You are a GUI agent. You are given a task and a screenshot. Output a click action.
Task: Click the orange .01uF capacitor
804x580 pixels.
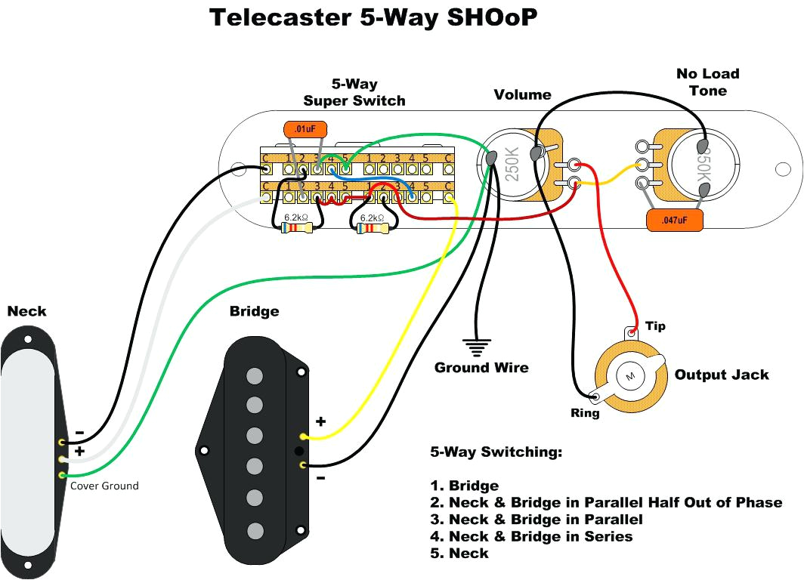click(x=305, y=130)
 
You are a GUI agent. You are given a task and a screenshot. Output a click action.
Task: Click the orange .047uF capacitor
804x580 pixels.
click(x=675, y=220)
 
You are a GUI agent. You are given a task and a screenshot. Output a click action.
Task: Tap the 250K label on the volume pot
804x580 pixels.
click(x=511, y=161)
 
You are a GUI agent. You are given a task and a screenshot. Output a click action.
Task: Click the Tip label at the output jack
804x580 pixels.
click(x=655, y=326)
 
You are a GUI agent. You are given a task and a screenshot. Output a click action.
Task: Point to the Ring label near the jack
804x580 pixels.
click(x=586, y=413)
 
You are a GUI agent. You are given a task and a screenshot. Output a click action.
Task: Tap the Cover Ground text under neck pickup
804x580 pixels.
click(x=104, y=486)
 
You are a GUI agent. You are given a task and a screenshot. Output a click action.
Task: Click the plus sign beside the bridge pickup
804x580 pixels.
click(x=320, y=421)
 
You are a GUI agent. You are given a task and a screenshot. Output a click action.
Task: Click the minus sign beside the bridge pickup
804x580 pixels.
click(x=320, y=478)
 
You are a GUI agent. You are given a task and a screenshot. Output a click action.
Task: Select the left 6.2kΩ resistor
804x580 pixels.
click(x=295, y=227)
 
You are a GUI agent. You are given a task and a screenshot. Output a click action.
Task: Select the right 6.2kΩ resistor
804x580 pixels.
click(x=371, y=227)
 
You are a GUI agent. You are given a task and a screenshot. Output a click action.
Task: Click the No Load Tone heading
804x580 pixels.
click(x=707, y=82)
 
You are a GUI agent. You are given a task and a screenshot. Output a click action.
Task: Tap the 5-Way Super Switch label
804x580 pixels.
click(x=354, y=92)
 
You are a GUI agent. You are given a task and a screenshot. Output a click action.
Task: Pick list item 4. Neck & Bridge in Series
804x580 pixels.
click(x=531, y=536)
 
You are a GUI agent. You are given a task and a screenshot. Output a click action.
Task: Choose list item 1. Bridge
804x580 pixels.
click(x=464, y=486)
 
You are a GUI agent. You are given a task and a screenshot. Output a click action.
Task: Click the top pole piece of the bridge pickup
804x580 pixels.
click(x=255, y=375)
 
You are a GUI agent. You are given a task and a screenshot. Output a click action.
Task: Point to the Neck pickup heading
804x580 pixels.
click(x=26, y=311)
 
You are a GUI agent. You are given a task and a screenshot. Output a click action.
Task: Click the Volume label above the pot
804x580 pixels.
click(x=522, y=94)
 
